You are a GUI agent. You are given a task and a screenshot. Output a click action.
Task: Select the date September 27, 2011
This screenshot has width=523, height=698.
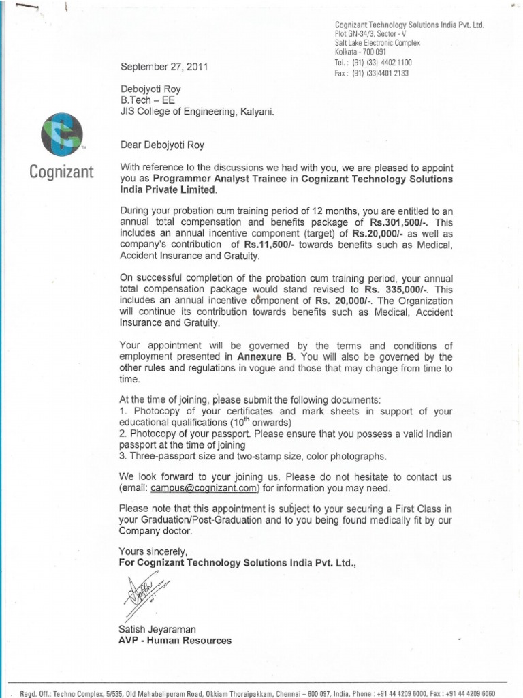tap(164, 67)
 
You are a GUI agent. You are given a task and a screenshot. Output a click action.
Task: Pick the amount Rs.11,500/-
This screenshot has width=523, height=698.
tap(263, 245)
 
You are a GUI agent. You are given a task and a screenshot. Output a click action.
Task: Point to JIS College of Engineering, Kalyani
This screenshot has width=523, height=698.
tap(197, 112)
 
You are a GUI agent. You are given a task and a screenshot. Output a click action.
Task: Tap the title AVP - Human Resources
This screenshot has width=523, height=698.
tap(175, 641)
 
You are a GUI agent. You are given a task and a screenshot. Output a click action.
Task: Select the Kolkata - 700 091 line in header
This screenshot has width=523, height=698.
tap(360, 52)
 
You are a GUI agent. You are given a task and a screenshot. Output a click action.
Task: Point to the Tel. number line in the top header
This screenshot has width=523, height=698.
tap(373, 62)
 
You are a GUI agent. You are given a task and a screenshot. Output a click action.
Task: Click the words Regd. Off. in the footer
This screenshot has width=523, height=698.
tap(37, 693)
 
